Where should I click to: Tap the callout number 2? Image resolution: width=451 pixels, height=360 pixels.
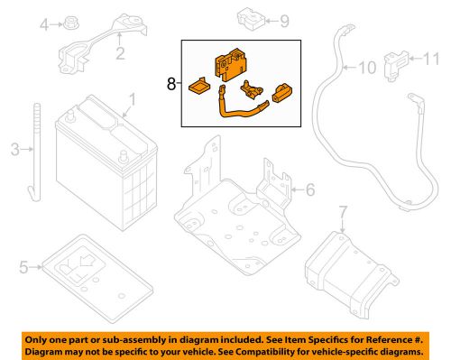coord(118,55)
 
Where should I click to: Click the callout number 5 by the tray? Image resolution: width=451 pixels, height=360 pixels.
coord(23,267)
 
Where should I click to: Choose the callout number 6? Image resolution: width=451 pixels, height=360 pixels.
coord(309,189)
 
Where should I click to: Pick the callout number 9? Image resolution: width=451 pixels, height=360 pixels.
coord(259,20)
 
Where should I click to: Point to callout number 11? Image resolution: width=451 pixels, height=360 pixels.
coord(429,60)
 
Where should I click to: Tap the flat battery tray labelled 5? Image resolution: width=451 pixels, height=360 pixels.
coord(90,267)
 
